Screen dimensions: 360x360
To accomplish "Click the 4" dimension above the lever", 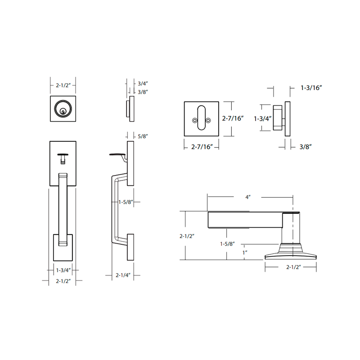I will (x=247, y=197).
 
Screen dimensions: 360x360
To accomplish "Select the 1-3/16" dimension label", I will (x=312, y=88).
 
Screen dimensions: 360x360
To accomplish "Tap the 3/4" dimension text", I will (x=143, y=83).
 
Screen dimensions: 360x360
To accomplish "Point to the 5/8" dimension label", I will (x=143, y=136).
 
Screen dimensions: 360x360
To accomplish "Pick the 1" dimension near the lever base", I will (x=245, y=252).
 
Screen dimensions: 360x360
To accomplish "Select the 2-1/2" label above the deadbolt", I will (x=62, y=85).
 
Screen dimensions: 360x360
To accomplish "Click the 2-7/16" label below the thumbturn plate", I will (x=201, y=147).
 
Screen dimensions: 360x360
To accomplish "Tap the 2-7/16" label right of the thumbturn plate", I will (x=233, y=119).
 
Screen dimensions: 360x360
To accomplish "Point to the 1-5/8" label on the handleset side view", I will (x=125, y=202).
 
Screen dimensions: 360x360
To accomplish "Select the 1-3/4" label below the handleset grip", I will (x=62, y=270).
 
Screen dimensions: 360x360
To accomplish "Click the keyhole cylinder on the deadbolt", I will (x=63, y=109).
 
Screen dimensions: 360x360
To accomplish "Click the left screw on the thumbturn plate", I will (x=194, y=121).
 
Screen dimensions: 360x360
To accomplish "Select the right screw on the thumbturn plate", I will (x=208, y=121).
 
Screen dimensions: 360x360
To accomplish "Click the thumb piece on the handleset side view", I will (x=117, y=156).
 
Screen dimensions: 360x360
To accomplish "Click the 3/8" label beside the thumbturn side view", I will (x=306, y=147).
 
